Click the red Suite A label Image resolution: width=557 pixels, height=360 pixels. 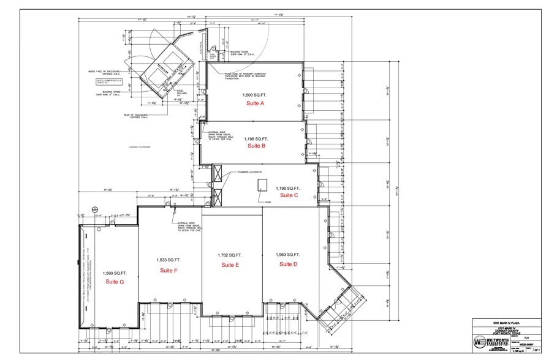point(255,105)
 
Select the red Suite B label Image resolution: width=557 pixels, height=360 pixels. point(256,146)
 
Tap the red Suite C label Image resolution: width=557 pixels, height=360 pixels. point(289,195)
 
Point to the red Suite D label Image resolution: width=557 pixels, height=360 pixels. point(288,264)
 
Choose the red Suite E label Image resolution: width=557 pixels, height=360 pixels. point(230,264)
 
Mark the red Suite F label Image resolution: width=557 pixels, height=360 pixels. point(169,270)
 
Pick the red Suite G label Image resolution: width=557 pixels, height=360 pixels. point(115,282)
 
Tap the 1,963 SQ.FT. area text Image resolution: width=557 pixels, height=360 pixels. point(288,254)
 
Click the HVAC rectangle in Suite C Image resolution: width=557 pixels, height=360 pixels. point(262,185)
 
